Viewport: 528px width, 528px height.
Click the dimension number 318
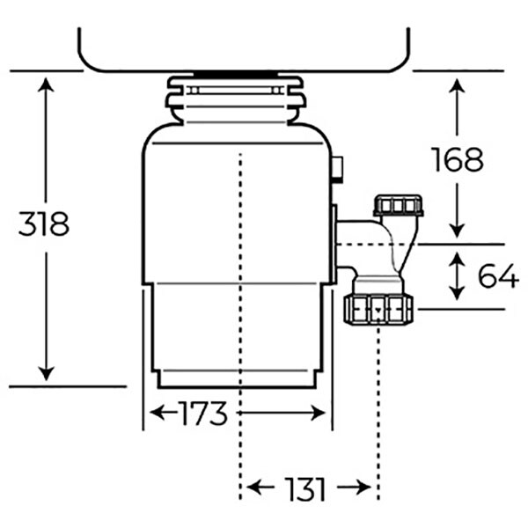[43, 224]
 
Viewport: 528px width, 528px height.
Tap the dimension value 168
[457, 159]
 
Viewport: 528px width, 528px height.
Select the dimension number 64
[497, 275]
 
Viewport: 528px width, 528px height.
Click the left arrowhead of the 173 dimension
[157, 413]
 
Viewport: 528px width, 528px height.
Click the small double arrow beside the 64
[457, 276]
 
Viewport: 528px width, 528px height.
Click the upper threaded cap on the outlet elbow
[398, 207]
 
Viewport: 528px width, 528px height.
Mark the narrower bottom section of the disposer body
[236, 334]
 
